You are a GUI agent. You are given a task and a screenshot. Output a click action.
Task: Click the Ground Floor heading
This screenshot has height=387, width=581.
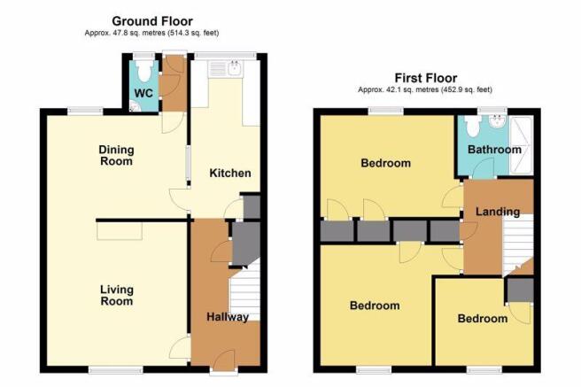pyautogui.click(x=152, y=20)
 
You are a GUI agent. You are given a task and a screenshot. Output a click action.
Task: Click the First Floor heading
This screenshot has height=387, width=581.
pyautogui.click(x=426, y=78)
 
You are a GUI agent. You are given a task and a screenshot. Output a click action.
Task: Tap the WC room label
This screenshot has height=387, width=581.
pyautogui.click(x=143, y=93)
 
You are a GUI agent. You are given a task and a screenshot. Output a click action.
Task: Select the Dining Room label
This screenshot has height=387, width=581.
pyautogui.click(x=116, y=155)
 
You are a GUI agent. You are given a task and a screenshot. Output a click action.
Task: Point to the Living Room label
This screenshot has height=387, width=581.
pyautogui.click(x=117, y=295)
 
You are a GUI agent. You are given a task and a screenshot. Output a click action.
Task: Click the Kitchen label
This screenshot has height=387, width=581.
pyautogui.click(x=230, y=173)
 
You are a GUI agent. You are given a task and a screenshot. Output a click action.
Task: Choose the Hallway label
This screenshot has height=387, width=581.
pyautogui.click(x=228, y=317)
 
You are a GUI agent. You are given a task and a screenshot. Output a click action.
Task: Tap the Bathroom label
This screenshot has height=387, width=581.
pyautogui.click(x=494, y=150)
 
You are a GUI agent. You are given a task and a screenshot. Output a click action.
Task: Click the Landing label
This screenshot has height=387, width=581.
pyautogui.click(x=498, y=212)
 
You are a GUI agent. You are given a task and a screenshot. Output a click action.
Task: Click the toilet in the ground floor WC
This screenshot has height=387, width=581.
pyautogui.click(x=143, y=70)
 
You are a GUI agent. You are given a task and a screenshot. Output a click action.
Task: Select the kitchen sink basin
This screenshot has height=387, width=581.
pyautogui.click(x=236, y=68)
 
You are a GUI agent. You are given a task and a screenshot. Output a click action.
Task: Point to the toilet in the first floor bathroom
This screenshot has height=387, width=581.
pyautogui.click(x=472, y=126)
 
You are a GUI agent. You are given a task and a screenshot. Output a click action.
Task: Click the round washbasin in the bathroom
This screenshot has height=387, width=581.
pyautogui.click(x=498, y=121)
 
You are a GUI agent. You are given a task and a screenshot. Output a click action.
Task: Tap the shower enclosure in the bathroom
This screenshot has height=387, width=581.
pyautogui.click(x=522, y=145)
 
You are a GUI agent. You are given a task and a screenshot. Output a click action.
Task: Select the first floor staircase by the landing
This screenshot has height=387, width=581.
pyautogui.click(x=517, y=244)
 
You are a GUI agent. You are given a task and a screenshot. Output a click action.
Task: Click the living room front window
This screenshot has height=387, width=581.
pyautogui.click(x=116, y=369)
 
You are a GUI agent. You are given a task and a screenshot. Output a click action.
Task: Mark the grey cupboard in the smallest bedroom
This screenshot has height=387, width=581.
pyautogui.click(x=520, y=290)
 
